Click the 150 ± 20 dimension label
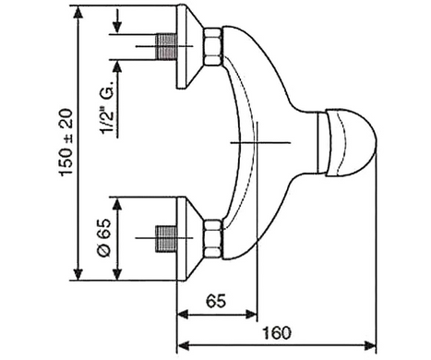[x=66, y=142]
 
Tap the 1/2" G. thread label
[x=107, y=108]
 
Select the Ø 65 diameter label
[x=104, y=237]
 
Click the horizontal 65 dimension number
[x=216, y=301]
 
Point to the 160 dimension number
[x=276, y=332]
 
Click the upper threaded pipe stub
[x=166, y=46]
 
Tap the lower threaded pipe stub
[x=166, y=239]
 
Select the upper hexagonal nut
[x=213, y=46]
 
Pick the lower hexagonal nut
[x=213, y=238]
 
